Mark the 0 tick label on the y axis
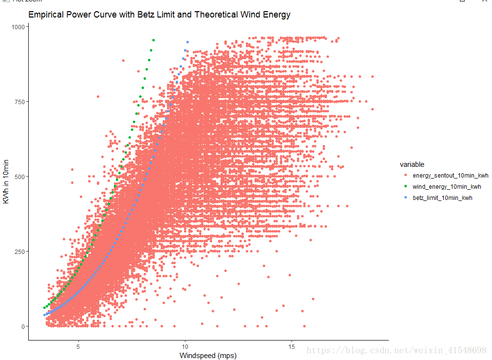coord(22,326)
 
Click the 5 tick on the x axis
coord(78,347)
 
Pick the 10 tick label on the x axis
coord(185,347)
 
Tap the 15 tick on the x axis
coord(292,347)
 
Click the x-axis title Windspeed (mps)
coord(208,356)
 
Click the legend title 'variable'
coord(412,164)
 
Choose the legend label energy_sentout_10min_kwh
coord(451,176)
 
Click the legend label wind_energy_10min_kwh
coord(447,187)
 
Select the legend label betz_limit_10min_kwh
coord(442,198)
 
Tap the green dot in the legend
coord(404,187)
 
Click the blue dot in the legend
coord(404,198)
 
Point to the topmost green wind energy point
coord(153,40)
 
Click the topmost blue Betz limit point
coord(188,42)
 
